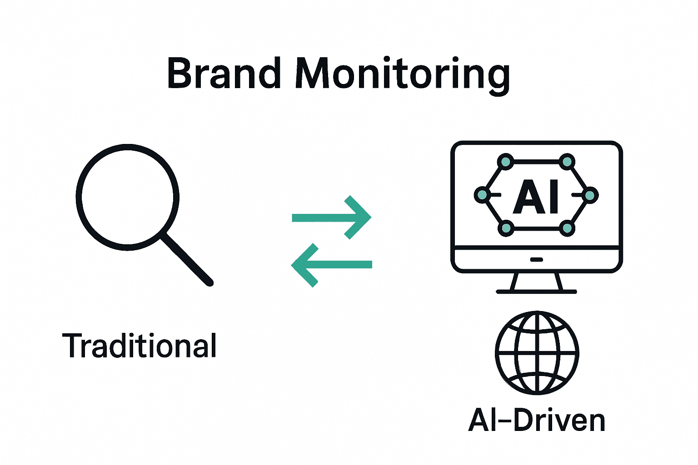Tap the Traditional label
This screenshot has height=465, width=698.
click(140, 346)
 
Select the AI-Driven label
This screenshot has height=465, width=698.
click(537, 420)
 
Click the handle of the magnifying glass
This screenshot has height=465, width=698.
click(188, 260)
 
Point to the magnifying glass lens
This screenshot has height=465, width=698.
click(127, 197)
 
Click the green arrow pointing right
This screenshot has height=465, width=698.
click(332, 218)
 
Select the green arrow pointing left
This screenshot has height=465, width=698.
click(331, 265)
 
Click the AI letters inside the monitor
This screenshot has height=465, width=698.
click(536, 196)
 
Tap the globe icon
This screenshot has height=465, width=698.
click(537, 352)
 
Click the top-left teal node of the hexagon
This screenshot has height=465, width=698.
click(505, 162)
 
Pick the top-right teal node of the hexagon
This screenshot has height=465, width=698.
click(567, 162)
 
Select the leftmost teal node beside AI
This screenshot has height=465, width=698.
click(482, 195)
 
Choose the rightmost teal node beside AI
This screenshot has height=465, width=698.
click(590, 195)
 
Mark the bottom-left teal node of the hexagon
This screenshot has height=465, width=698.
click(506, 228)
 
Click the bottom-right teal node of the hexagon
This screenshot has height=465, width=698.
click(567, 228)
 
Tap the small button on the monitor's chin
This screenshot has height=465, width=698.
click(537, 260)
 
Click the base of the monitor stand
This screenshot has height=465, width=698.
click(537, 292)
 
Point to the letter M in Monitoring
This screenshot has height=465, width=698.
click(313, 74)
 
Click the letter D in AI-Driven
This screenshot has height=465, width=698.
click(525, 420)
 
